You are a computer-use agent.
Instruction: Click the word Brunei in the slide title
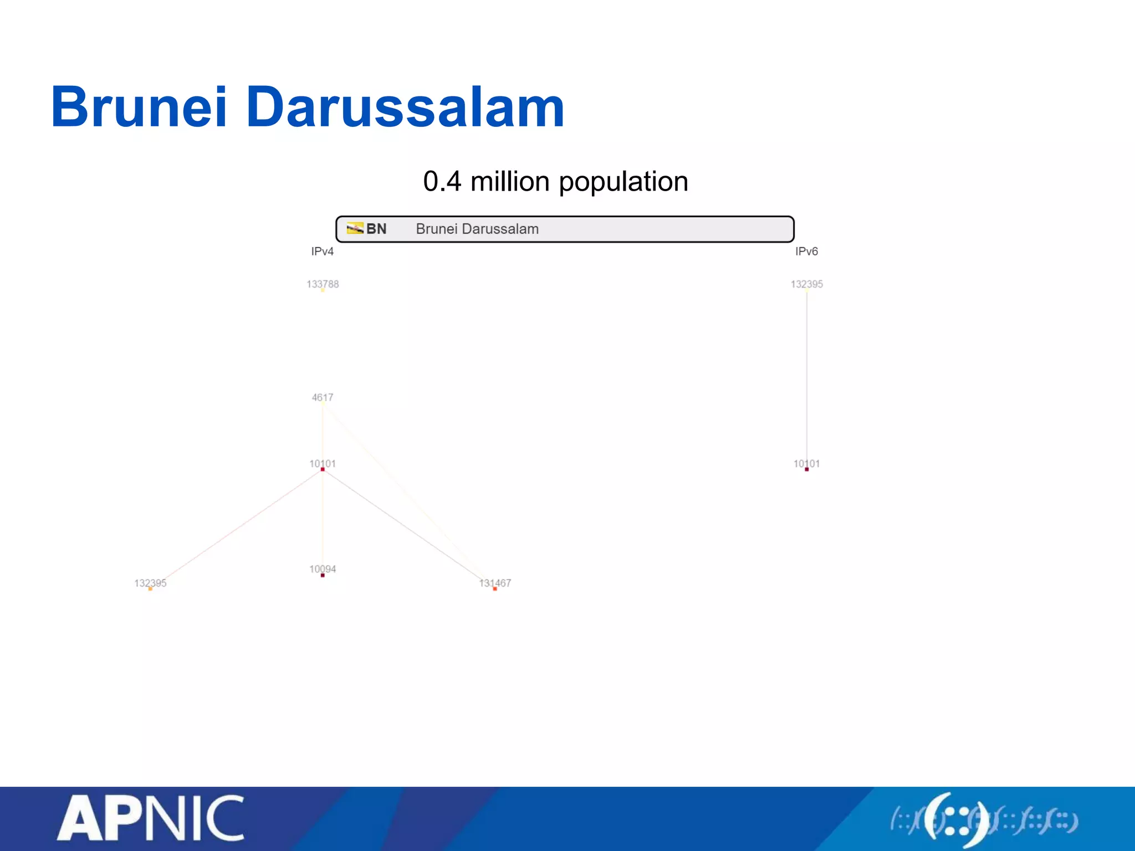pos(139,107)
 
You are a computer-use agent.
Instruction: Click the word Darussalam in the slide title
pos(405,107)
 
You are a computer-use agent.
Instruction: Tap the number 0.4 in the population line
pos(442,181)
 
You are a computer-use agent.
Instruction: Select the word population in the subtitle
pos(623,182)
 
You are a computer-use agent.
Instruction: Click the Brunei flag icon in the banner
pos(355,228)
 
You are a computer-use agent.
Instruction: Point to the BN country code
pos(376,229)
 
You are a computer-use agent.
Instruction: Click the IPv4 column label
pos(322,252)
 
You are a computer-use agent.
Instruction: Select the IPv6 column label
pos(806,252)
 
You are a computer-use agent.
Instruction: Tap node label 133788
pos(323,284)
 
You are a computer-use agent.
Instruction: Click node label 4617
pos(323,397)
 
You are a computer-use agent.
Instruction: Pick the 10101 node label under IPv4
pos(323,463)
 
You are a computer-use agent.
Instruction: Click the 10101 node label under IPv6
pos(806,463)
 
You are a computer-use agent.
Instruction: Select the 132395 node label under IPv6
pos(806,284)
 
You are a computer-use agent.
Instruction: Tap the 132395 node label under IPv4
pos(150,583)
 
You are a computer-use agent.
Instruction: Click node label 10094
pos(323,569)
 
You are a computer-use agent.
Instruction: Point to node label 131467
pos(495,583)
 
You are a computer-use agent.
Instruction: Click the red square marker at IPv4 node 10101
pos(323,470)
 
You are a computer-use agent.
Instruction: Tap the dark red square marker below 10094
pos(323,576)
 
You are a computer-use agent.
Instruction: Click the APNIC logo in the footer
pos(150,818)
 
